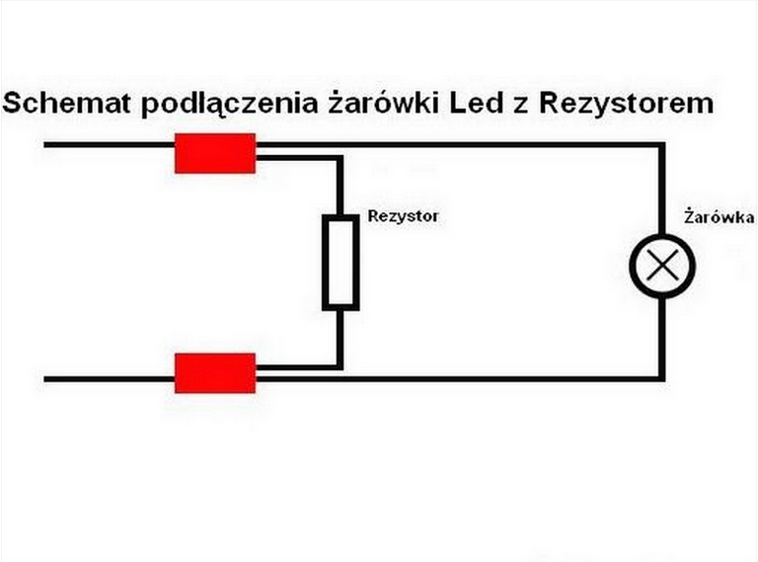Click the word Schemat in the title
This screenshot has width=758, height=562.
coord(68,104)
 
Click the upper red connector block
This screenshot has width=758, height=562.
coord(215,153)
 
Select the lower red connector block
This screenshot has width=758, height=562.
coord(215,372)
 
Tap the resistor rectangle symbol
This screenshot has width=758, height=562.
coord(341,264)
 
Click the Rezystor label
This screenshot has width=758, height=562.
coord(403,215)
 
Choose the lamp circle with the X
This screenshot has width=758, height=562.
coord(662,264)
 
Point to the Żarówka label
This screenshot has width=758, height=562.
coord(719,216)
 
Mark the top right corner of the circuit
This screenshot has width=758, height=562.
coord(661,145)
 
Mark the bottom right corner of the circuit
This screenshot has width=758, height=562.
coord(661,378)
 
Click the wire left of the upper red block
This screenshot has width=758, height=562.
coord(109,145)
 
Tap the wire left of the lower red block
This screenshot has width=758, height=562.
coord(109,378)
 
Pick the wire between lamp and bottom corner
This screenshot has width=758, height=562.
coord(661,336)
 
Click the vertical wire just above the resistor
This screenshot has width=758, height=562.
coord(341,188)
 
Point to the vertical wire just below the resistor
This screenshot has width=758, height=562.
coord(341,336)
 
